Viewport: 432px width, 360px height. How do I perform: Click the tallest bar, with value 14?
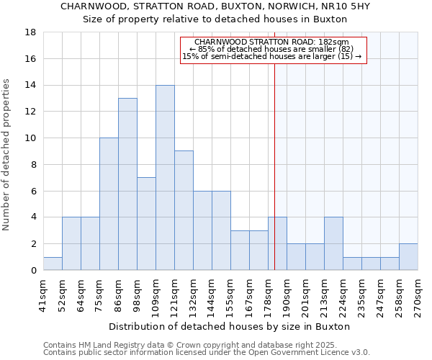165,178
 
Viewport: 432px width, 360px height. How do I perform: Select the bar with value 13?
127,184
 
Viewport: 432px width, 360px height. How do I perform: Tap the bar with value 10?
109,204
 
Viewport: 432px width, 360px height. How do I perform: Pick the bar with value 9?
184,210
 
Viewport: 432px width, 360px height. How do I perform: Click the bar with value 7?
146,224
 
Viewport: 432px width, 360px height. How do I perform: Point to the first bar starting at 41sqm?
53,264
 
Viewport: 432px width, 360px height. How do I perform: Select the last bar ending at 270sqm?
408,257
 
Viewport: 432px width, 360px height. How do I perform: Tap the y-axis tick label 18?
30,32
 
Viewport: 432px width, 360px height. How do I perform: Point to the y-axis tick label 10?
30,138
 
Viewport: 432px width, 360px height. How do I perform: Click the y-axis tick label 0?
33,270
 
